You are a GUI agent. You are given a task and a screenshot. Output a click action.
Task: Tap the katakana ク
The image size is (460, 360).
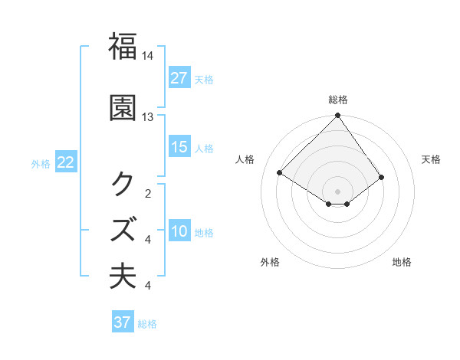click(123, 184)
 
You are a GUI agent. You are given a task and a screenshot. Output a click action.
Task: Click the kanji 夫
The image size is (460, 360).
click(123, 276)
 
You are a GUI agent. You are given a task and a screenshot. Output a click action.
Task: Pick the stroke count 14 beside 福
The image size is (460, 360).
click(148, 56)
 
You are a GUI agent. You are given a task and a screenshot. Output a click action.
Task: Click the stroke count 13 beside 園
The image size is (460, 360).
click(148, 117)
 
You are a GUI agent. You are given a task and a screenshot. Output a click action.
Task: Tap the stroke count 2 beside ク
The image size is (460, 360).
click(148, 193)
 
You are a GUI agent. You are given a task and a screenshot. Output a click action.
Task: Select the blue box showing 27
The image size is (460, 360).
click(179, 78)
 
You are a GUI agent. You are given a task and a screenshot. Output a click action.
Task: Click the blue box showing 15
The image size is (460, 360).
click(179, 147)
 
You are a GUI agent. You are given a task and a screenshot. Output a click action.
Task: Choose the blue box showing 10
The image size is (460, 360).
click(179, 231)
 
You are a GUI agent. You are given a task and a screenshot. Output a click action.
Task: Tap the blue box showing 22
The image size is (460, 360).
click(66, 162)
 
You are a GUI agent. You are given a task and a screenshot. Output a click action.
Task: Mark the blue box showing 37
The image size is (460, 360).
click(123, 322)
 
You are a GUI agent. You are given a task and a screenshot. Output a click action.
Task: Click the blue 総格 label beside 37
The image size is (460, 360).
click(148, 324)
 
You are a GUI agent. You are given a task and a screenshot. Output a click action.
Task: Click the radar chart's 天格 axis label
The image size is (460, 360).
click(431, 159)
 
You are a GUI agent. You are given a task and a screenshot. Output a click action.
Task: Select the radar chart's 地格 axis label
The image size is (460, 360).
click(402, 262)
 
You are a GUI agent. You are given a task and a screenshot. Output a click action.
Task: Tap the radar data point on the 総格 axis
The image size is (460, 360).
click(338, 116)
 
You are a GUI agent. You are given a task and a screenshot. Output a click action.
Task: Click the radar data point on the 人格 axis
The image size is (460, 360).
click(281, 172)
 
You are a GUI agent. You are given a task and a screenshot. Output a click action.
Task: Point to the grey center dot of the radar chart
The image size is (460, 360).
click(338, 190)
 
